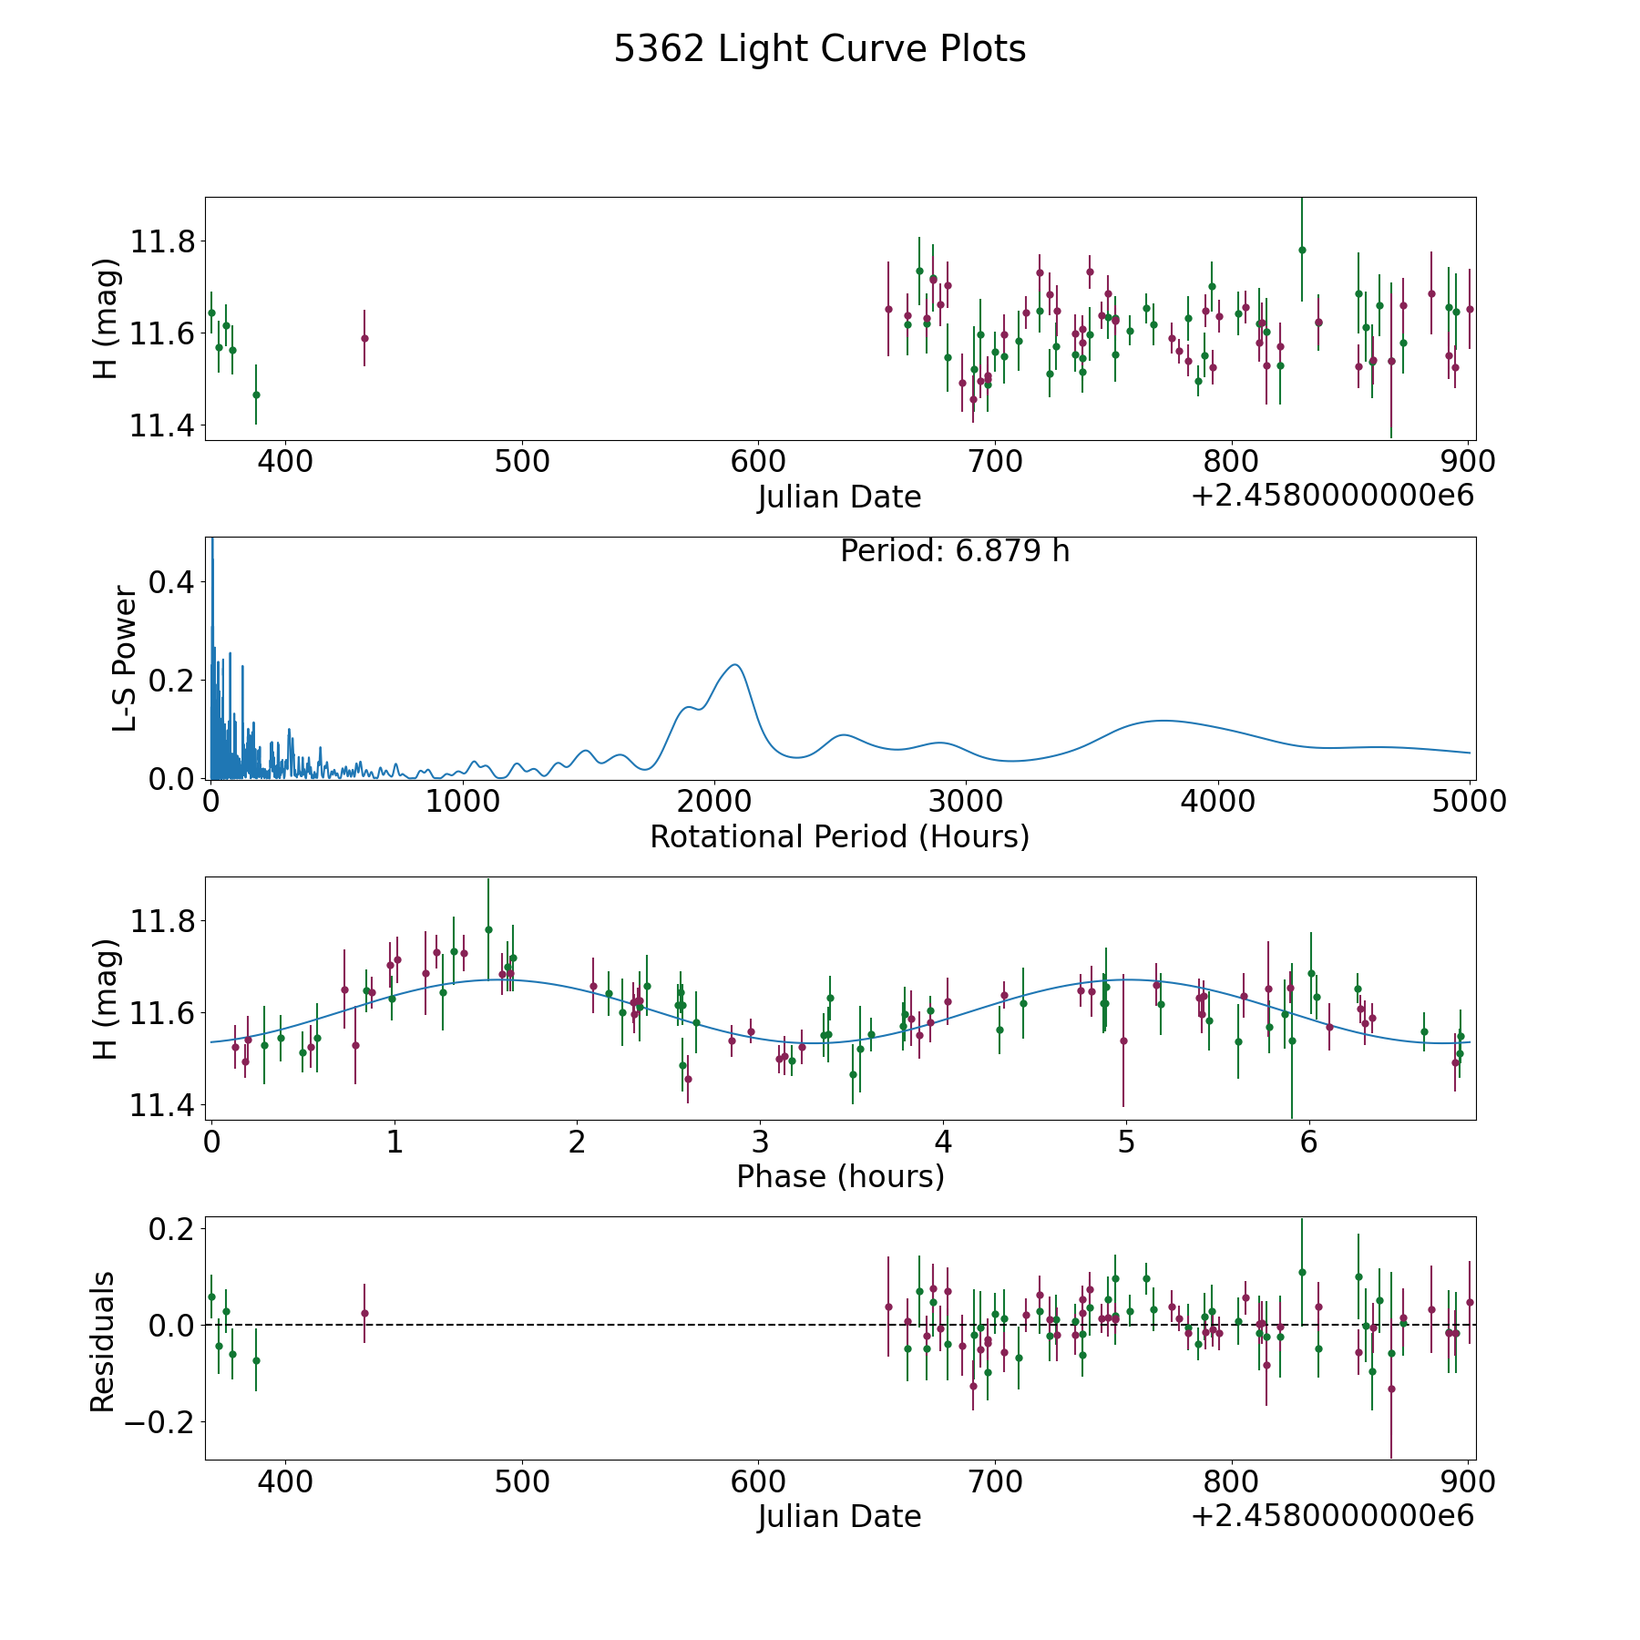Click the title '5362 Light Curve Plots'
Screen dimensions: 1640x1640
819,49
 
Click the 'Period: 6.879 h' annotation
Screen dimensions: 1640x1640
954,551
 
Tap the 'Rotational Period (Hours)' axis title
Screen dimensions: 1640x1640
839,836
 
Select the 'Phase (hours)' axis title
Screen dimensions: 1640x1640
839,1176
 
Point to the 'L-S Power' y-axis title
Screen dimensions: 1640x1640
125,658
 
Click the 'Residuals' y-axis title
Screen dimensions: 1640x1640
103,1341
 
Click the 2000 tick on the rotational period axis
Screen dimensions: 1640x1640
713,802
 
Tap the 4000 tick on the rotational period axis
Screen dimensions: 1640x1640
1217,802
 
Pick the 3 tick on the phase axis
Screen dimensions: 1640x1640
760,1142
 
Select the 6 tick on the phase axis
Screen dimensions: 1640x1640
1308,1142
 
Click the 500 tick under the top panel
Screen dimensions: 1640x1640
521,462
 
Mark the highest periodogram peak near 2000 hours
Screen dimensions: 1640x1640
734,665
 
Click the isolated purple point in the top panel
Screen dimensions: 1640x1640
364,338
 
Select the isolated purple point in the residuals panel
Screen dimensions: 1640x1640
364,1313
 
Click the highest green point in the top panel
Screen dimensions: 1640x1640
1302,250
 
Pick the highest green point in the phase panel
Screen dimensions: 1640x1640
488,929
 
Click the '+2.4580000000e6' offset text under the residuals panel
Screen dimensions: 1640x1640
1332,1516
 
